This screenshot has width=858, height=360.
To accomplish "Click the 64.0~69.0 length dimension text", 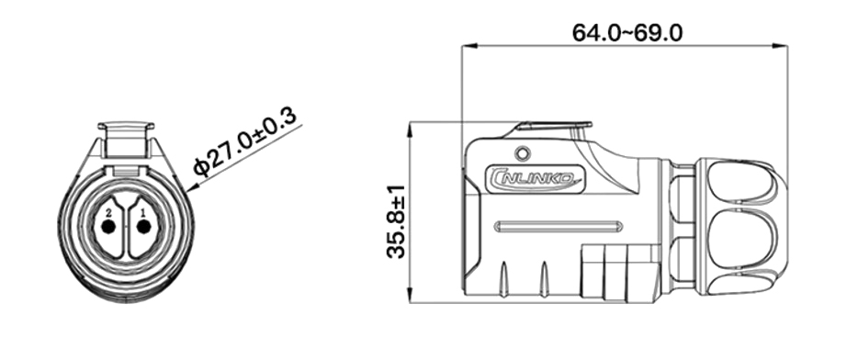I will coord(627,32).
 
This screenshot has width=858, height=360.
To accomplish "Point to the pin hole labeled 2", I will coord(109,227).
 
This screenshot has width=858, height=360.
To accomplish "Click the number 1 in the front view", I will coord(142,213).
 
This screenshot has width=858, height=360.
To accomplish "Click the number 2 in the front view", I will coord(109,213).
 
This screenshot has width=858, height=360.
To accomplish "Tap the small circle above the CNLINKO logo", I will coord(524,152).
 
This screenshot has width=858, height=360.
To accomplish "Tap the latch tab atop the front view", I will coord(126,135).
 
